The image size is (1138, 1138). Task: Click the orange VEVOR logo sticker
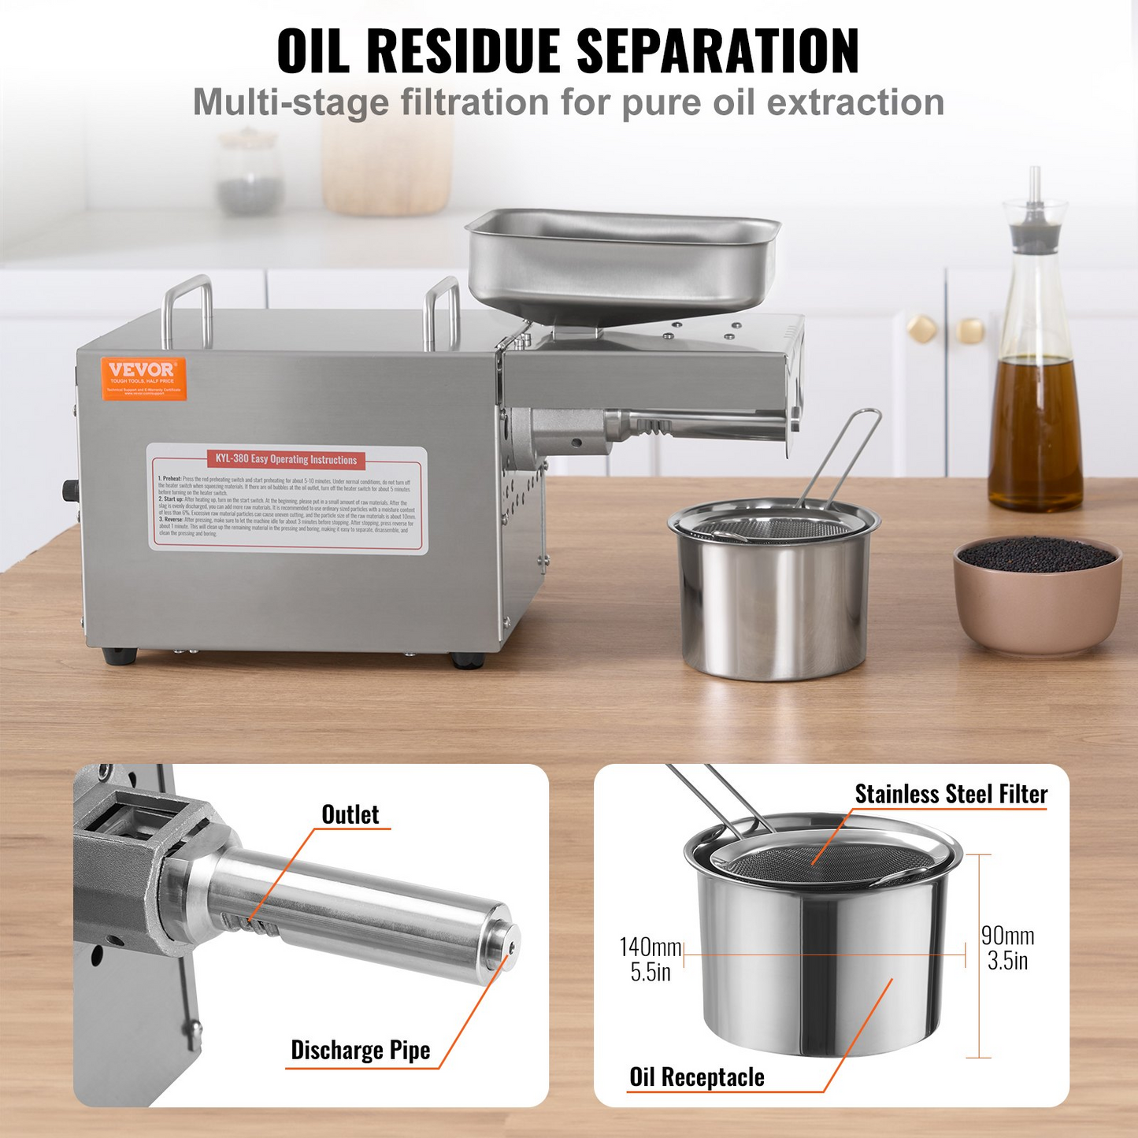pyautogui.click(x=143, y=378)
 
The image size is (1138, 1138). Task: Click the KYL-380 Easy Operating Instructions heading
pyautogui.click(x=286, y=459)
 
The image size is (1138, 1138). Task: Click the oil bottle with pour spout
pyautogui.click(x=1035, y=354)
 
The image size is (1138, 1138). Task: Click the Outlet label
pyautogui.click(x=350, y=814)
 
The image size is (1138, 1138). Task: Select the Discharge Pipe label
pyautogui.click(x=360, y=1050)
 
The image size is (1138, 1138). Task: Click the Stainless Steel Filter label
pyautogui.click(x=951, y=794)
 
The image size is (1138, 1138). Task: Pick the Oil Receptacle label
pyautogui.click(x=696, y=1077)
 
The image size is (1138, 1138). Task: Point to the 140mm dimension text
pyautogui.click(x=650, y=947)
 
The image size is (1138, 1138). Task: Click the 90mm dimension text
pyautogui.click(x=1007, y=936)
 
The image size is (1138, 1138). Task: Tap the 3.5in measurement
pyautogui.click(x=1007, y=961)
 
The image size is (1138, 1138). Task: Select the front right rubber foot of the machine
pyautogui.click(x=467, y=660)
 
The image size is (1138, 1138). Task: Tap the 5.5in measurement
pyautogui.click(x=650, y=972)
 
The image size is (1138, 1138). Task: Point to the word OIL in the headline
pyautogui.click(x=313, y=52)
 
